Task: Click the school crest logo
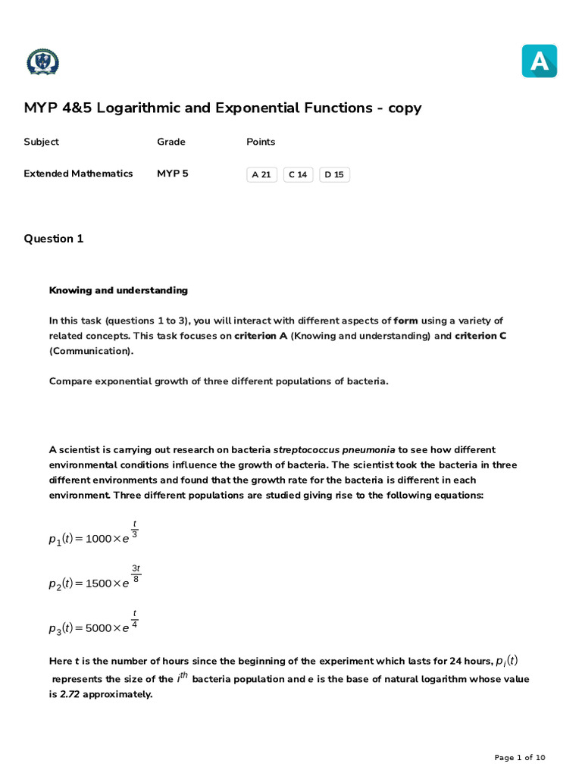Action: click(x=42, y=62)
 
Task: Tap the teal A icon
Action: click(x=539, y=61)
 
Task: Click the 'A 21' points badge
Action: click(x=261, y=175)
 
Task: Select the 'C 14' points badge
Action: click(x=298, y=175)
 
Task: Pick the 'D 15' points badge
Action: click(x=334, y=175)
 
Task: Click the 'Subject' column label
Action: click(x=41, y=142)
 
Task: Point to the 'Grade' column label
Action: click(x=171, y=142)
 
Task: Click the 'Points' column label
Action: click(x=261, y=142)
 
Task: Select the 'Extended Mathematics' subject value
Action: click(x=78, y=174)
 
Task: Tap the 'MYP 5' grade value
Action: click(x=173, y=174)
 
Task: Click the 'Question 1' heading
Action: click(x=54, y=239)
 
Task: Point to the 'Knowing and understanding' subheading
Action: click(x=118, y=290)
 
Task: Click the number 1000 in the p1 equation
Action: click(x=99, y=539)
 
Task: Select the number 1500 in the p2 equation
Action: click(x=99, y=584)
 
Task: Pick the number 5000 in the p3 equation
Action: click(x=99, y=628)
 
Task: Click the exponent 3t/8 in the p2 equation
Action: click(x=136, y=574)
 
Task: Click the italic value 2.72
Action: click(x=70, y=694)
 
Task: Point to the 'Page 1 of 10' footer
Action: click(x=519, y=758)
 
